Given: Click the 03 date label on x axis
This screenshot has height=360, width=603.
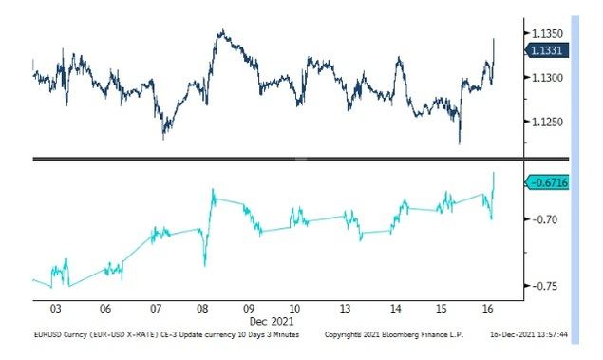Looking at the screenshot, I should tap(56, 309).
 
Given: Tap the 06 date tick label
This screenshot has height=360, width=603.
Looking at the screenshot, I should tap(104, 309).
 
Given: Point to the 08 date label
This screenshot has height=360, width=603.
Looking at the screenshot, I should tap(201, 309).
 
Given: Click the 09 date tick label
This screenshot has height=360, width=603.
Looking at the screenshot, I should tap(249, 309).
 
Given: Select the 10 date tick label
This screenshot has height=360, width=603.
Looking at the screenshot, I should tap(295, 309).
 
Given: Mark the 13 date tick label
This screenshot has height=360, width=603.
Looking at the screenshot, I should tap(346, 309).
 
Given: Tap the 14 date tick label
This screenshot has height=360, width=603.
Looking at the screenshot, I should tap(393, 309).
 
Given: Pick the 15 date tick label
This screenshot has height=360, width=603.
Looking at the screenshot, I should tap(441, 309).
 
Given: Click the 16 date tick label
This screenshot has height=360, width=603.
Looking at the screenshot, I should tap(487, 309).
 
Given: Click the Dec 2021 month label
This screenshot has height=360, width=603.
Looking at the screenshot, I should tap(272, 321).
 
